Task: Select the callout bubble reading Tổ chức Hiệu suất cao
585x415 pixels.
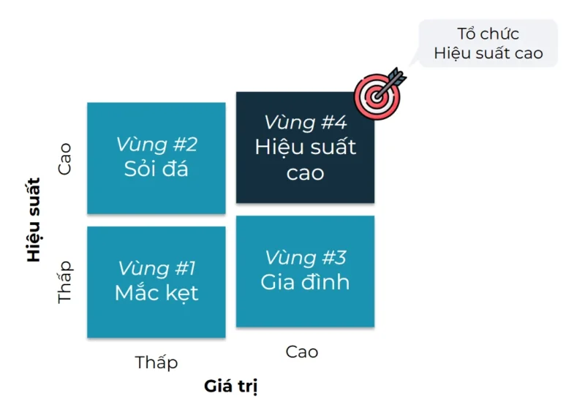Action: pyautogui.click(x=488, y=43)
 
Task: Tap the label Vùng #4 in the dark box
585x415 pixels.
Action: pyautogui.click(x=305, y=122)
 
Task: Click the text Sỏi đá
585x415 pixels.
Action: pyautogui.click(x=156, y=169)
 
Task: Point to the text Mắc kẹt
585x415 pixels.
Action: pyautogui.click(x=156, y=293)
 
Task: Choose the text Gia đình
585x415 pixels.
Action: pyautogui.click(x=305, y=282)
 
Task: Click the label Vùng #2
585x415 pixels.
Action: pyautogui.click(x=156, y=145)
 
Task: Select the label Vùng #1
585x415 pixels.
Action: pyautogui.click(x=156, y=268)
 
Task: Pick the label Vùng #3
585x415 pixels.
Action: pyautogui.click(x=305, y=257)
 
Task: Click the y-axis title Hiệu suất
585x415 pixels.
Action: pyautogui.click(x=34, y=220)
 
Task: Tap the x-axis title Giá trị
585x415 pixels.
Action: pyautogui.click(x=231, y=386)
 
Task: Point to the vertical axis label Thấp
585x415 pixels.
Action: pyautogui.click(x=66, y=281)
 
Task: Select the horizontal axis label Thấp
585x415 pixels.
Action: pyautogui.click(x=156, y=362)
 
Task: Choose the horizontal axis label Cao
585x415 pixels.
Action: pyautogui.click(x=302, y=351)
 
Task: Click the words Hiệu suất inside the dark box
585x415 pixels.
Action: pyautogui.click(x=305, y=147)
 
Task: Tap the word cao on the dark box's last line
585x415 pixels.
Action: pyautogui.click(x=305, y=173)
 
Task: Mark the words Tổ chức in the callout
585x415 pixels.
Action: pyautogui.click(x=488, y=34)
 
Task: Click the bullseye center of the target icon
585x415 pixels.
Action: pyautogui.click(x=375, y=95)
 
